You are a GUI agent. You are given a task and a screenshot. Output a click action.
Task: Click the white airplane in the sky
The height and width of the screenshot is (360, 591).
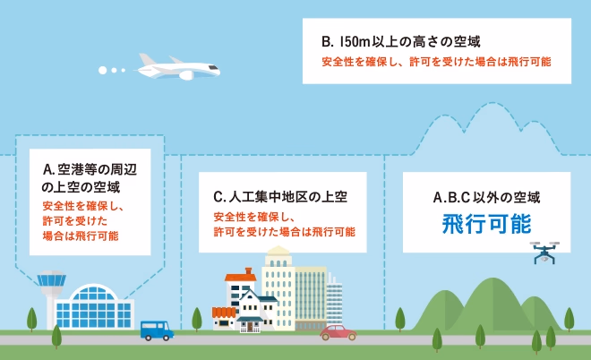pos(177,68)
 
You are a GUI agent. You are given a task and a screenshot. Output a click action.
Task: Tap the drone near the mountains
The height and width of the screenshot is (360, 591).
pos(544,253)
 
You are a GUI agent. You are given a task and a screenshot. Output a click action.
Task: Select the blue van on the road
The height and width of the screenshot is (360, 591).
pos(157,330)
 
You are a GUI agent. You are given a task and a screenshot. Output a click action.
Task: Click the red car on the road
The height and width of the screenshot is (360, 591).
pos(338,332)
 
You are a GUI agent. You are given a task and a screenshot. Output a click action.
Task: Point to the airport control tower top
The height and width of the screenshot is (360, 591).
pos(52,279)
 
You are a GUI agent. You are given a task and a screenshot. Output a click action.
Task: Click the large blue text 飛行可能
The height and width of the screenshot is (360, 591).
pos(486,224)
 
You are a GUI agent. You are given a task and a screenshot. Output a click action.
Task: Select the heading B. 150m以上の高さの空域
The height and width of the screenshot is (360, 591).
pos(401,41)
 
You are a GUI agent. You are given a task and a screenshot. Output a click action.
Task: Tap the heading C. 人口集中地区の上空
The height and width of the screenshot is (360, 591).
pos(280,196)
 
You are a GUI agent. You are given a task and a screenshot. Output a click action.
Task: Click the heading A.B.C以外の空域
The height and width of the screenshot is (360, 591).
pos(486,197)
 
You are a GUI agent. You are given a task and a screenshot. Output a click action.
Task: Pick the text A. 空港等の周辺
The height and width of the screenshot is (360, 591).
pos(90,169)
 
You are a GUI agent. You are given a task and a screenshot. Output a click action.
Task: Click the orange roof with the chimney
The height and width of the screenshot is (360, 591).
pos(241,276)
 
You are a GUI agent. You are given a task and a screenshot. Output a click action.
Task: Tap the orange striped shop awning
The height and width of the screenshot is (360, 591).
pos(224,313)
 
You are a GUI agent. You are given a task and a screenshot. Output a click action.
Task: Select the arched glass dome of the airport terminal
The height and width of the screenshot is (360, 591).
pos(93,292)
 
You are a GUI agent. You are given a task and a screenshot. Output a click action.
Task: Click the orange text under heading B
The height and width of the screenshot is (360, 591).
pos(436,62)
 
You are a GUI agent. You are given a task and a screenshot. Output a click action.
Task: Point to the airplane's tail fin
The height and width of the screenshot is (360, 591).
pos(147,60)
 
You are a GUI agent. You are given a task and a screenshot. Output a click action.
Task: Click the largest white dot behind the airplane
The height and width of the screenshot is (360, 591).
pos(102,70)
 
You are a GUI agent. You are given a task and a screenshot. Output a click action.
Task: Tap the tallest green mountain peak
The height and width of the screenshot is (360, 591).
pos(492,281)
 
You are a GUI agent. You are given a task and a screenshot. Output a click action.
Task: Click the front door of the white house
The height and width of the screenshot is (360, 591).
pos(250,327)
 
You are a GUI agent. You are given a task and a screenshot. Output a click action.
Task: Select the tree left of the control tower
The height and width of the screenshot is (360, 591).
pos(32,319)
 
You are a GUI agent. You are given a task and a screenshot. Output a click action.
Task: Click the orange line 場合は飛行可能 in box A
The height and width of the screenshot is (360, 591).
pos(81,236)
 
